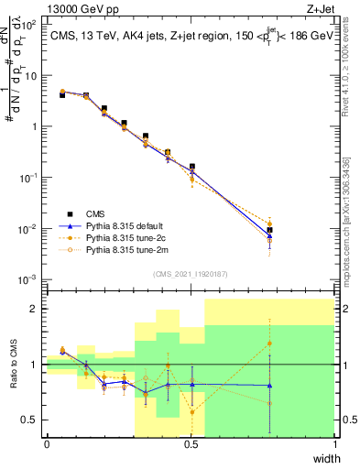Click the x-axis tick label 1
tap(335, 444)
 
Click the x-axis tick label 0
tap(47, 444)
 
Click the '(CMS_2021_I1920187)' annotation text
tap(191, 273)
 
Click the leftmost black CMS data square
tap(62, 94)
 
